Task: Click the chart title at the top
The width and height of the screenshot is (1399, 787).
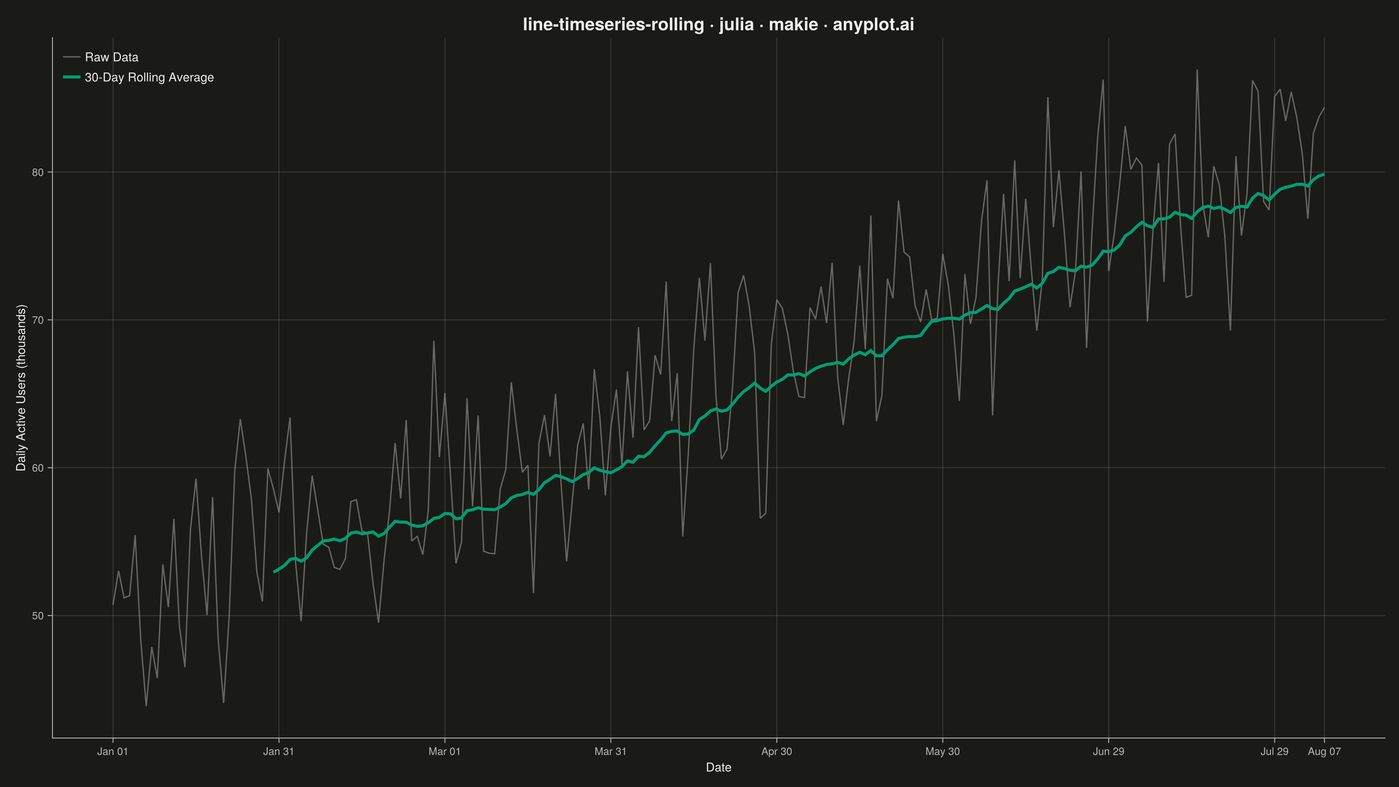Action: pyautogui.click(x=718, y=24)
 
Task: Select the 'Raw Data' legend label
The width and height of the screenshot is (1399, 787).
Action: pyautogui.click(x=111, y=57)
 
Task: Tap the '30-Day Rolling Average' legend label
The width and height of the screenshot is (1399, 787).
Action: pyautogui.click(x=150, y=77)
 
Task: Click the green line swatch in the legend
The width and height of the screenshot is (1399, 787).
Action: pyautogui.click(x=72, y=77)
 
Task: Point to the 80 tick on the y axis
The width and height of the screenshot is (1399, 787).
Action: pyautogui.click(x=38, y=173)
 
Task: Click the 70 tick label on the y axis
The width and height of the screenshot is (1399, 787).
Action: pyautogui.click(x=38, y=320)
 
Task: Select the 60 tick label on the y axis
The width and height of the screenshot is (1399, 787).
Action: pyautogui.click(x=38, y=468)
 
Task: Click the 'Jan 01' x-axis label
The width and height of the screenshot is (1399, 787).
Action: pyautogui.click(x=112, y=752)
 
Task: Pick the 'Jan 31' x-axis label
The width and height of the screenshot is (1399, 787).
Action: pyautogui.click(x=278, y=752)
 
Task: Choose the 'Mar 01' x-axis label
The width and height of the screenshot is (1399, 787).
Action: pyautogui.click(x=444, y=752)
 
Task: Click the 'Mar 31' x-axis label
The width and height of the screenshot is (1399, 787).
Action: pyautogui.click(x=610, y=752)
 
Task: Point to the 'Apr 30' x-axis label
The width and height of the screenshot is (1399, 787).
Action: pyautogui.click(x=776, y=752)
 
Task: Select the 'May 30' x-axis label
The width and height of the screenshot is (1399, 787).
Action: pyautogui.click(x=942, y=752)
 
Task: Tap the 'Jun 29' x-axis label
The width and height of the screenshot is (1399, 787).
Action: pyautogui.click(x=1108, y=752)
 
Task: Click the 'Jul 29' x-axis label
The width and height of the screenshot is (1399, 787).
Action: pyautogui.click(x=1274, y=752)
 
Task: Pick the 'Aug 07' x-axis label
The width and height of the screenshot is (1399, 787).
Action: pyautogui.click(x=1324, y=752)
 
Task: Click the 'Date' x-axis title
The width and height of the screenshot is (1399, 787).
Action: pyautogui.click(x=718, y=767)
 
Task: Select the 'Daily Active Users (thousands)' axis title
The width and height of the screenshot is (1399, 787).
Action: pyautogui.click(x=21, y=388)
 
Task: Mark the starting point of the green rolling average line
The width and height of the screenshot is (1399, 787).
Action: pyautogui.click(x=274, y=572)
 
